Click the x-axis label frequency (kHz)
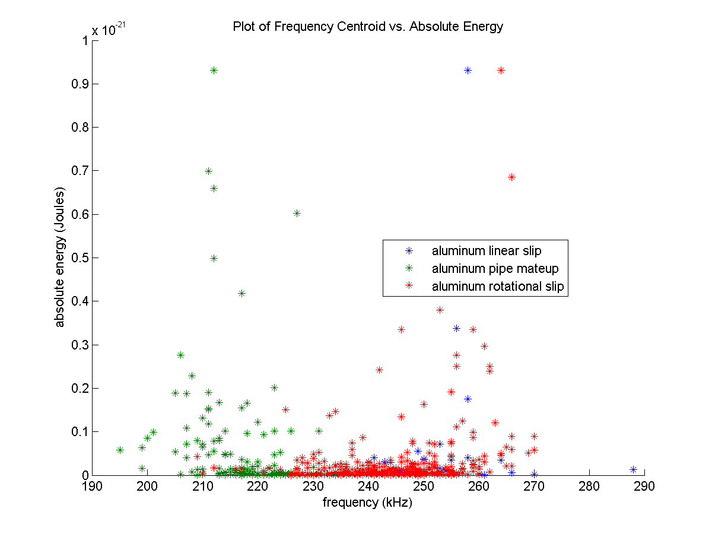pyautogui.click(x=367, y=503)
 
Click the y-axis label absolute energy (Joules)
pyautogui.click(x=60, y=258)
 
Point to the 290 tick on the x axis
pyautogui.click(x=644, y=487)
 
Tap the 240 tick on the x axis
pyautogui.click(x=368, y=487)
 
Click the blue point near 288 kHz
pyautogui.click(x=633, y=469)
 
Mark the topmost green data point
pyautogui.click(x=214, y=70)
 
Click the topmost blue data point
pyautogui.click(x=468, y=70)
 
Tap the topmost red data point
pyautogui.click(x=501, y=70)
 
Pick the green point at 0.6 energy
pyautogui.click(x=297, y=213)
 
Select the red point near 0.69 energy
pyautogui.click(x=512, y=177)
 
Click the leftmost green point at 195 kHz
pyautogui.click(x=120, y=450)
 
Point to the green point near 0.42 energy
pyautogui.click(x=241, y=293)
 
